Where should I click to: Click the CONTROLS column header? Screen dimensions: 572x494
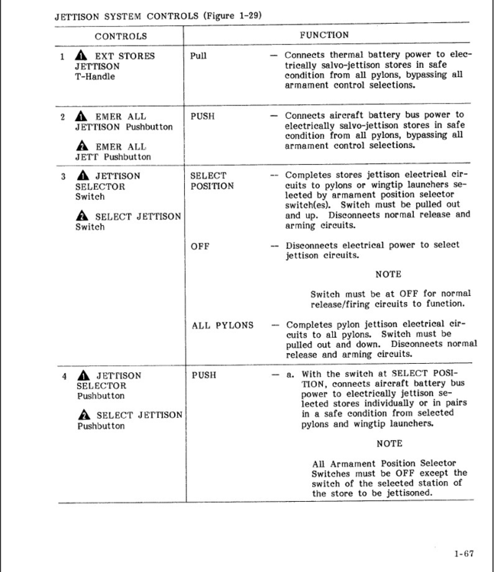(121, 36)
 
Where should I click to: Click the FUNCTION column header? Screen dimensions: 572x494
(324, 35)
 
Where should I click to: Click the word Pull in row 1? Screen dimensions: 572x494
(198, 56)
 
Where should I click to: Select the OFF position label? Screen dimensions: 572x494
(199, 246)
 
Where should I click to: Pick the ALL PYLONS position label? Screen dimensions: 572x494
(222, 325)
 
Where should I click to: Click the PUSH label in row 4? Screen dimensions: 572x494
(203, 375)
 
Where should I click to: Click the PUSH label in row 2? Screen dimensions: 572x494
(202, 116)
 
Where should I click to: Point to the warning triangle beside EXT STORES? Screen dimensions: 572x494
(82, 56)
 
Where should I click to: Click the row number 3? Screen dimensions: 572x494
(63, 176)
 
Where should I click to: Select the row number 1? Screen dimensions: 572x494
(63, 56)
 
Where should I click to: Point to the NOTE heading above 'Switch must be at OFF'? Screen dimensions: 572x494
(388, 275)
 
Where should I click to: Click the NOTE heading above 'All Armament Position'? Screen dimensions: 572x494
(389, 444)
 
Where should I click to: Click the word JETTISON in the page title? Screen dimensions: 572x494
(79, 15)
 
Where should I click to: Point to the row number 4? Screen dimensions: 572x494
(64, 376)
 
